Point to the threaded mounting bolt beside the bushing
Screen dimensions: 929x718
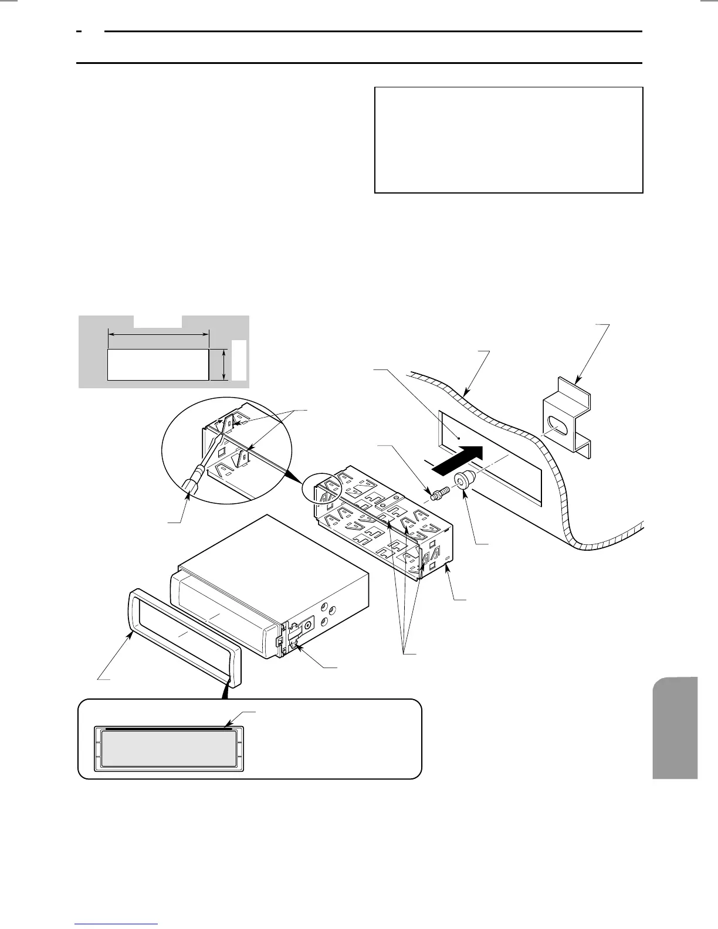tap(440, 493)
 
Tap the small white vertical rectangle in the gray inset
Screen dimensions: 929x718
tap(238, 359)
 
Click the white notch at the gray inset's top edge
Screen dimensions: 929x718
tap(158, 321)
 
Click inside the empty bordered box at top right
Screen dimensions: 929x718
tap(509, 140)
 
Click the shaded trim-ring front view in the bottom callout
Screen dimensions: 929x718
tap(169, 748)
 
